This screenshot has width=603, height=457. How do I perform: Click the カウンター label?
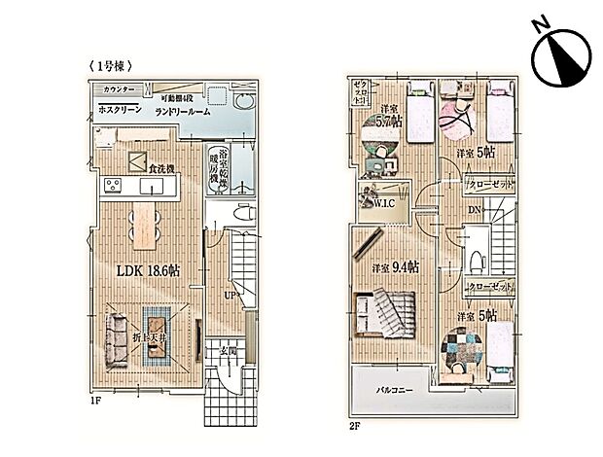116,89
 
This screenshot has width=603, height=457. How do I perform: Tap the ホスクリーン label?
122,110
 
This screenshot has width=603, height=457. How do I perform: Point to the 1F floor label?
94,398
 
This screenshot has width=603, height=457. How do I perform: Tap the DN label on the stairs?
474,211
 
